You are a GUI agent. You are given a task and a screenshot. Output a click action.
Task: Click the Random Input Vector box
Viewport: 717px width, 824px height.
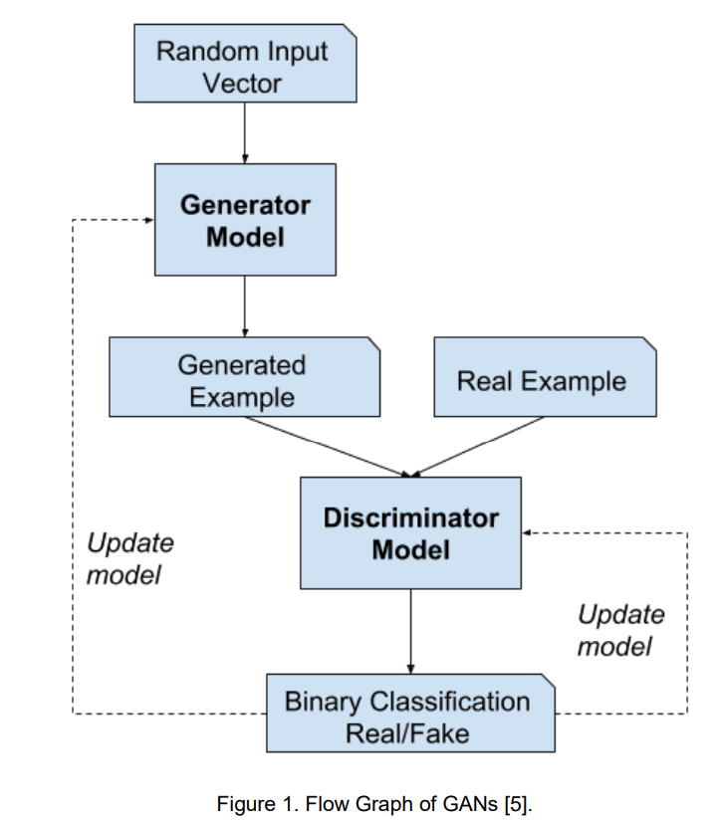pyautogui.click(x=245, y=63)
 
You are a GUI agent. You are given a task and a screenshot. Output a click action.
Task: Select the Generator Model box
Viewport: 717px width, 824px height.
pyautogui.click(x=245, y=220)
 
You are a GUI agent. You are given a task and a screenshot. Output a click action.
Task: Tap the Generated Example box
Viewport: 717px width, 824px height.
pyautogui.click(x=245, y=377)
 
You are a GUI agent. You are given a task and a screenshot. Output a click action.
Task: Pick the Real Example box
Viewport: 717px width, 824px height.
pyautogui.click(x=545, y=377)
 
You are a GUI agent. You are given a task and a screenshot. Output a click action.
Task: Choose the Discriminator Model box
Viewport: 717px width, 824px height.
pyautogui.click(x=411, y=532)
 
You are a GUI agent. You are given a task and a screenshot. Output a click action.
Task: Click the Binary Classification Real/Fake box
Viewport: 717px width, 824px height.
pyautogui.click(x=411, y=714)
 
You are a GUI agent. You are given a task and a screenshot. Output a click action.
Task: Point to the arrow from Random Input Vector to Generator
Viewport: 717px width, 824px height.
pyautogui.click(x=245, y=133)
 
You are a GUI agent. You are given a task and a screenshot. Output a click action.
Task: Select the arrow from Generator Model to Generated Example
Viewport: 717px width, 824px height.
pyautogui.click(x=245, y=307)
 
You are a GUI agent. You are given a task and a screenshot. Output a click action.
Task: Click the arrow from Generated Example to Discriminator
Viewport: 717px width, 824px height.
pyautogui.click(x=328, y=447)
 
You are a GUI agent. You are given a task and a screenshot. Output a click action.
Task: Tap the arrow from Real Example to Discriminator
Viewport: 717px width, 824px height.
pyautogui.click(x=478, y=447)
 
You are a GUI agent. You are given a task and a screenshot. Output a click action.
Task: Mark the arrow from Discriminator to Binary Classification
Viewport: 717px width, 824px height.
pyautogui.click(x=411, y=631)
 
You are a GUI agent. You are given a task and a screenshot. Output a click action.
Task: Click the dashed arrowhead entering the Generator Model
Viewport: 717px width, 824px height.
pyautogui.click(x=149, y=220)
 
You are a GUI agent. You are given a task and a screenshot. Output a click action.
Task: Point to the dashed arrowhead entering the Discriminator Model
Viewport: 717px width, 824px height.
pyautogui.click(x=527, y=532)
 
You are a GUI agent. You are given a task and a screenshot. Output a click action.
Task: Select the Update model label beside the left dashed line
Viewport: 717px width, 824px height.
pyautogui.click(x=129, y=558)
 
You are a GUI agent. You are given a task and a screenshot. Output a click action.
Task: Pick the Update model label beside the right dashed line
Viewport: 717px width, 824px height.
pyautogui.click(x=621, y=630)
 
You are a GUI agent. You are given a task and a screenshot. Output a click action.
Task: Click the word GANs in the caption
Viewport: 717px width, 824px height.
pyautogui.click(x=470, y=804)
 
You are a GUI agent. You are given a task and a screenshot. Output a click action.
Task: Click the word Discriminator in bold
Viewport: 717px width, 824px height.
pyautogui.click(x=411, y=517)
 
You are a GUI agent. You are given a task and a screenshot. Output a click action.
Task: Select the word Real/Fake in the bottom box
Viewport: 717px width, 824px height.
pyautogui.click(x=407, y=733)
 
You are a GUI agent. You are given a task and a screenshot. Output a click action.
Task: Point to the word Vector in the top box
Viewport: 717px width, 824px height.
pyautogui.click(x=243, y=84)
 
